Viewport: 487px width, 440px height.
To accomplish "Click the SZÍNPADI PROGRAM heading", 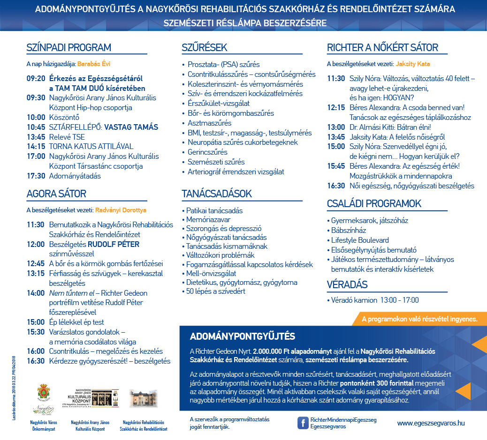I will tap(69, 48).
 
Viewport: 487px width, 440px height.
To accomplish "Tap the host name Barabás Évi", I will tap(94, 64).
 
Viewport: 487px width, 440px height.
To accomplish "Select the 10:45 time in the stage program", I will tap(36, 127).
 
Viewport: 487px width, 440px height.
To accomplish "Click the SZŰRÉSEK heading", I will tap(204, 48).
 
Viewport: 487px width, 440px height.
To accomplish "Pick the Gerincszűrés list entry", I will tap(207, 152).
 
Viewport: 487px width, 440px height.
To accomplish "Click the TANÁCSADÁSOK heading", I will tap(217, 194).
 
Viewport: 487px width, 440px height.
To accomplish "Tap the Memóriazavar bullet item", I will tap(208, 219).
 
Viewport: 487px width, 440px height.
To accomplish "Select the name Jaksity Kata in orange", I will tap(413, 64).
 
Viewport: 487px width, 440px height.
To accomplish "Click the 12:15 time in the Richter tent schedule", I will tap(336, 108).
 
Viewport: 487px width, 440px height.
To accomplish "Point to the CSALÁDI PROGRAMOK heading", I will tap(374, 204).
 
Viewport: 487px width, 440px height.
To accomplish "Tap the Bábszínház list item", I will tap(349, 230).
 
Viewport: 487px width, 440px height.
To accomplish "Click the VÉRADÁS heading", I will tap(347, 284).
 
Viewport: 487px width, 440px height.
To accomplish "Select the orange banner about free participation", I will tap(419, 319).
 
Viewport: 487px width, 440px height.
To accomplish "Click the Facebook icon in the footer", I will tap(303, 423).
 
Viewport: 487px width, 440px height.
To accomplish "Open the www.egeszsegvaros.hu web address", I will tap(431, 423).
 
